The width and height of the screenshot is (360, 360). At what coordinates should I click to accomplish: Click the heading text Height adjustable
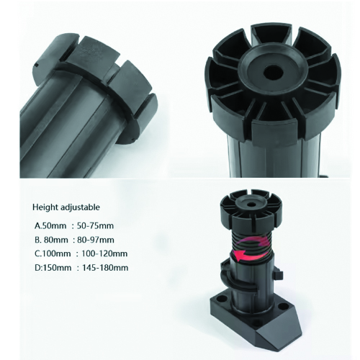tap(66, 207)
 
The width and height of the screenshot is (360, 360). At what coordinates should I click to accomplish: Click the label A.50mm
tap(50, 225)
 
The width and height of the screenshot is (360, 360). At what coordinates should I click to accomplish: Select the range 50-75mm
tap(95, 225)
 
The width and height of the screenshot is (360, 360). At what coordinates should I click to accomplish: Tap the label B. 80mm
tap(51, 240)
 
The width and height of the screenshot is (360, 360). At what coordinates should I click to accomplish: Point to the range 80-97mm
tap(96, 240)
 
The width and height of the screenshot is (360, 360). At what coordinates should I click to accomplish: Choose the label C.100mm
tap(53, 253)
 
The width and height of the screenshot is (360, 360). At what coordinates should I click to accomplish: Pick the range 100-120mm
tap(104, 253)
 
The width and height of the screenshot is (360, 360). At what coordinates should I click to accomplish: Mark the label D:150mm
tap(53, 267)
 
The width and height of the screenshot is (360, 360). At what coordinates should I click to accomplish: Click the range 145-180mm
tap(105, 267)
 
